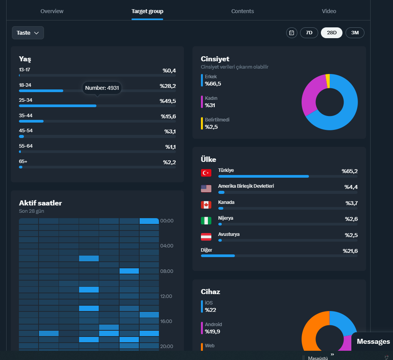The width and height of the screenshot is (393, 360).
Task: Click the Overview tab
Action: click(52, 11)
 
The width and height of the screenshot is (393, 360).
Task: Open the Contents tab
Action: click(242, 11)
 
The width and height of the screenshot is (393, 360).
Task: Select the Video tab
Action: click(329, 11)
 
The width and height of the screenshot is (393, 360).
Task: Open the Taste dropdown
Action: click(28, 33)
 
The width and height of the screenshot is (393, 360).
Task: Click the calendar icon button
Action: click(292, 33)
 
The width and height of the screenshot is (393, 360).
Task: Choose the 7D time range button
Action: click(309, 33)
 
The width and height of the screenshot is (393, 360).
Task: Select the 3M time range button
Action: click(355, 33)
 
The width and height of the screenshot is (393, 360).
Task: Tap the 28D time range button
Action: click(332, 33)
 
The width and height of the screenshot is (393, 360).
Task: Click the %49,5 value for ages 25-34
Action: click(168, 101)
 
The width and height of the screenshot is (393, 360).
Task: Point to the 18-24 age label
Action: click(25, 85)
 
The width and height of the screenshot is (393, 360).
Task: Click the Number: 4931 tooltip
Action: click(102, 88)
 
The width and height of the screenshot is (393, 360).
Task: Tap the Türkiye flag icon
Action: click(206, 173)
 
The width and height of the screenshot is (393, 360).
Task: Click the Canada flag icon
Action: click(206, 205)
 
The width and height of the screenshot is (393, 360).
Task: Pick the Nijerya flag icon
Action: click(206, 221)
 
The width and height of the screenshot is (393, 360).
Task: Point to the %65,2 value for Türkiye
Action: click(350, 171)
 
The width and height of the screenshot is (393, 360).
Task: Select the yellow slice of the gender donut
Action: click(327, 81)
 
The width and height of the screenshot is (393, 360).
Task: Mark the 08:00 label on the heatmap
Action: click(167, 271)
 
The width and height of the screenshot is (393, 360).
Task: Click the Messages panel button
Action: click(373, 341)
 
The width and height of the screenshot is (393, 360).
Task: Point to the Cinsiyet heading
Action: click(215, 59)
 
